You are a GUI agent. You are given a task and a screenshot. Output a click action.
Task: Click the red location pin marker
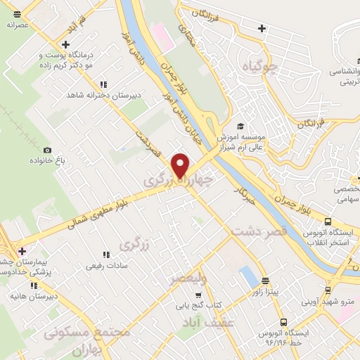coord(181,164)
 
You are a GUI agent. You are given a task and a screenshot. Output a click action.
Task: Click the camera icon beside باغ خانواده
coord(47,150)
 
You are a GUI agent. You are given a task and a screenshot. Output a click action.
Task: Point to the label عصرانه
coord(17,25)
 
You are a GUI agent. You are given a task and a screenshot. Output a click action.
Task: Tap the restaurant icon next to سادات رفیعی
coord(106,255)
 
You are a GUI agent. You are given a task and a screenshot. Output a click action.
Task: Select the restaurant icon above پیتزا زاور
coord(265,279)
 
